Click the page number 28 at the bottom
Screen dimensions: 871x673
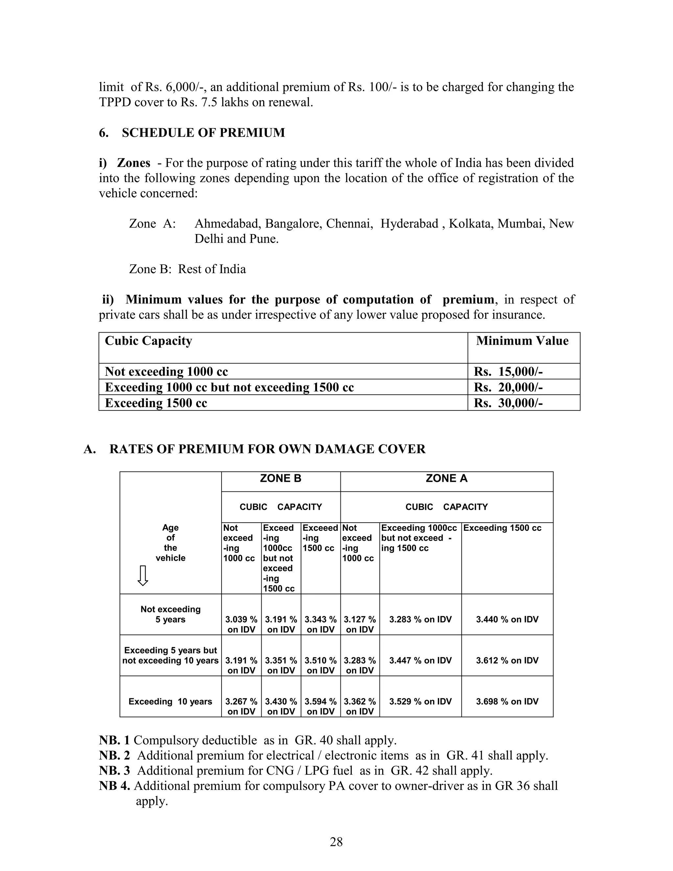click(336, 842)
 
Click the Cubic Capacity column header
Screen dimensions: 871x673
click(148, 341)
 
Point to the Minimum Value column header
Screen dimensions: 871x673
click(522, 341)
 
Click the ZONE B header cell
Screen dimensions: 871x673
click(281, 479)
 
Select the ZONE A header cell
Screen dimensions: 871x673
click(446, 479)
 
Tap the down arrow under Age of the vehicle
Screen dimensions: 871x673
click(143, 575)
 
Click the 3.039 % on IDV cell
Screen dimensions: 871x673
click(241, 624)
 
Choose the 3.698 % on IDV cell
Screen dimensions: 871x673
click(507, 701)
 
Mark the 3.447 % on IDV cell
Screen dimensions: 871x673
click(420, 660)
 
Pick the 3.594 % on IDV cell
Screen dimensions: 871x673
click(320, 706)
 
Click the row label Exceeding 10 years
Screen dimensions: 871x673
click(170, 701)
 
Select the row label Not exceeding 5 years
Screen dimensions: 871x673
click(170, 614)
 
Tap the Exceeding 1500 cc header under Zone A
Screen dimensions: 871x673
click(502, 528)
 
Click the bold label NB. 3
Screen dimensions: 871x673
click(114, 770)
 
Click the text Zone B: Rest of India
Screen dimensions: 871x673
click(187, 269)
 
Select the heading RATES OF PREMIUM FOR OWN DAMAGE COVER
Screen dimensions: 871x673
click(267, 449)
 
